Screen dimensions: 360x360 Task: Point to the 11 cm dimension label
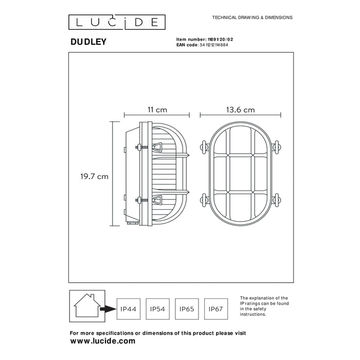157,110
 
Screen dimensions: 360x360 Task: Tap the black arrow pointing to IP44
108,309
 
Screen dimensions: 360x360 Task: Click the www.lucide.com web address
102,340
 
